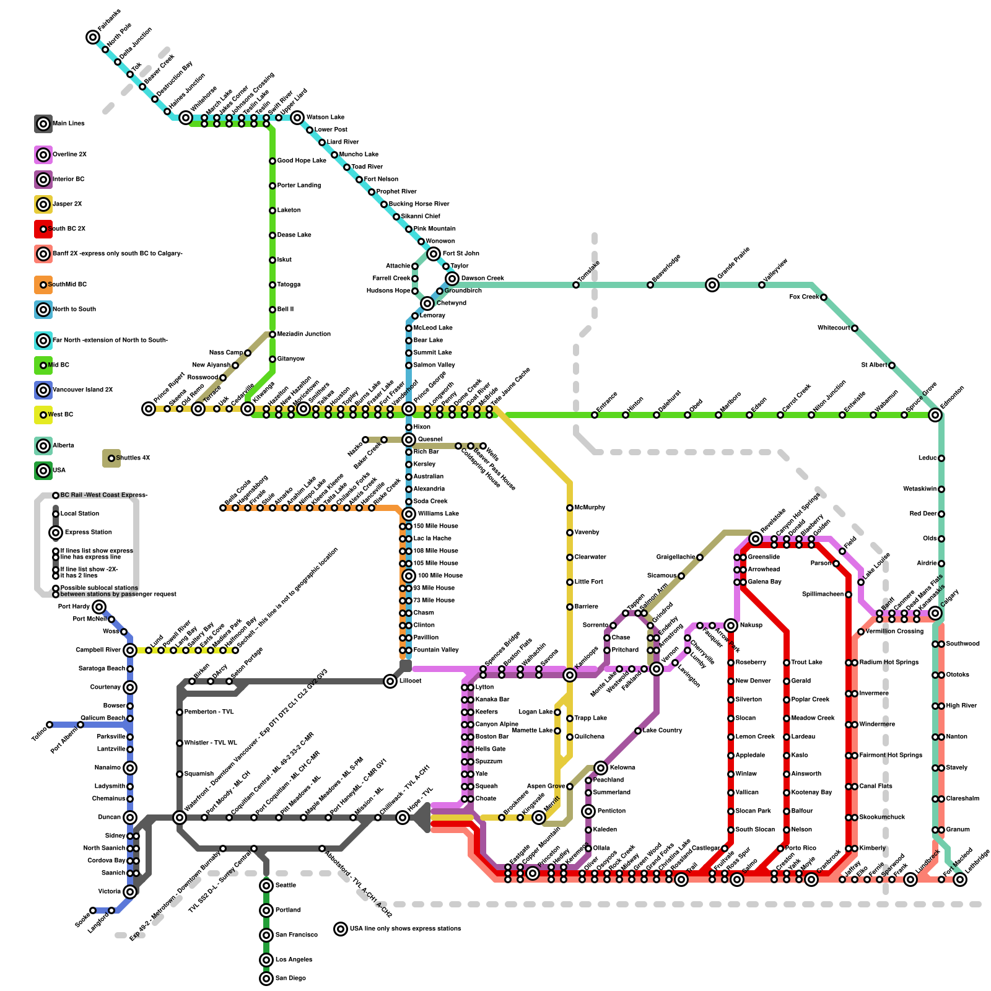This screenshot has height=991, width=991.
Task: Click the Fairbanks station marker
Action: pyautogui.click(x=93, y=37)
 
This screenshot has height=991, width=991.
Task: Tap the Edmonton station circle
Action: pyautogui.click(x=935, y=415)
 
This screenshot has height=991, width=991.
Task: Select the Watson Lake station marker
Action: pyautogui.click(x=297, y=118)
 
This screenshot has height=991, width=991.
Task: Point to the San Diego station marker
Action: pyautogui.click(x=266, y=979)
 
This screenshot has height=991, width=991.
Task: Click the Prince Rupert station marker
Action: pyautogui.click(x=149, y=409)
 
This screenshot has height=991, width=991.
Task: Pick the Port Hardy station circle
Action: pyautogui.click(x=99, y=607)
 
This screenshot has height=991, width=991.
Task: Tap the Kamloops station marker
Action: pyautogui.click(x=570, y=675)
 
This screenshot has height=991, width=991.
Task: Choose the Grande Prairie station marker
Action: pyautogui.click(x=712, y=285)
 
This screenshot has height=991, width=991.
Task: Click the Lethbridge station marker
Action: pyautogui.click(x=960, y=880)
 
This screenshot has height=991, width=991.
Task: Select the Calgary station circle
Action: pyautogui.click(x=935, y=613)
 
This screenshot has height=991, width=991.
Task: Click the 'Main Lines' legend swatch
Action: pyautogui.click(x=43, y=124)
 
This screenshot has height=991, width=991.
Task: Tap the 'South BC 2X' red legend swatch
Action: pyautogui.click(x=43, y=229)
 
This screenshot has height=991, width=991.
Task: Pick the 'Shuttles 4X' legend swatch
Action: pyautogui.click(x=111, y=458)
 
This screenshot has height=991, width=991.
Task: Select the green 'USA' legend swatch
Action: pyautogui.click(x=43, y=471)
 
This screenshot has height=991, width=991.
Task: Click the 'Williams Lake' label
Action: pyautogui.click(x=439, y=513)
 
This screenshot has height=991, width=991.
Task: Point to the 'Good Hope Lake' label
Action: pyautogui.click(x=301, y=160)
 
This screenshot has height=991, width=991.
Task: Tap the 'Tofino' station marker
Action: pyautogui.click(x=50, y=725)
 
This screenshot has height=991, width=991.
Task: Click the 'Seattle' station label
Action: pyautogui.click(x=286, y=885)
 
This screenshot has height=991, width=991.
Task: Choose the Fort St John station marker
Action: pyautogui.click(x=434, y=254)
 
